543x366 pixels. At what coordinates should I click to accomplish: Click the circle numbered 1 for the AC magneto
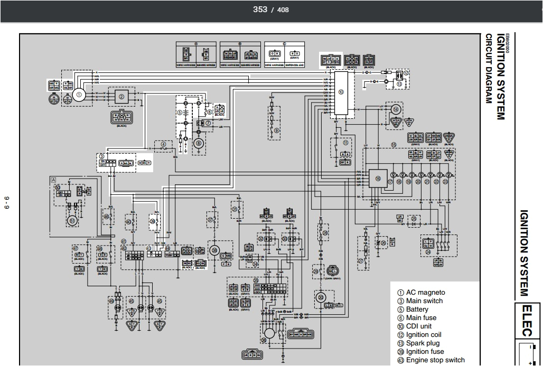79,95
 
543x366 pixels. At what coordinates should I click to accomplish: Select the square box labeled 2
121,97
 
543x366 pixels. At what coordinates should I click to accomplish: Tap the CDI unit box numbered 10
341,92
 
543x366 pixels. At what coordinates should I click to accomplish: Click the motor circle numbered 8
199,143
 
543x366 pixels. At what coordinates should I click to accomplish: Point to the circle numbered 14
396,110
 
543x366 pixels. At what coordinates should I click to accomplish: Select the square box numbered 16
378,179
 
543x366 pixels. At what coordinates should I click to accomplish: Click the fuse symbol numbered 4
164,144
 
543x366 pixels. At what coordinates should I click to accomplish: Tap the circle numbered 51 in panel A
71,220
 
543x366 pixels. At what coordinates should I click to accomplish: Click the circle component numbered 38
214,250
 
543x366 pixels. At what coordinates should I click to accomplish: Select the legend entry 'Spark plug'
422,343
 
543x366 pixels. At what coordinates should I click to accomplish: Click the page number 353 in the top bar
260,9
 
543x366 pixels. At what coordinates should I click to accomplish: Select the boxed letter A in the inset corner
53,180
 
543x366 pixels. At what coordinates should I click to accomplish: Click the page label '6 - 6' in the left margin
7,202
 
